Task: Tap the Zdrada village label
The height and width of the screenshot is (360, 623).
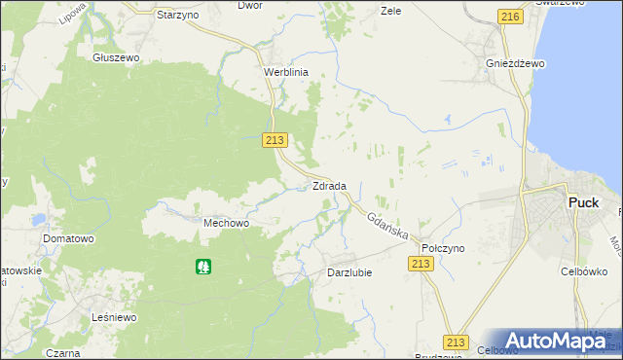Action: [329, 186]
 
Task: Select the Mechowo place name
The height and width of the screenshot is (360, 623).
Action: [226, 223]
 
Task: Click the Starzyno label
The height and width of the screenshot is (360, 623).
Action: [178, 17]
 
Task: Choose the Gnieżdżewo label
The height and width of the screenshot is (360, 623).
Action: [515, 63]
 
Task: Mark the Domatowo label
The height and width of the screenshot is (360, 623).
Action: [67, 238]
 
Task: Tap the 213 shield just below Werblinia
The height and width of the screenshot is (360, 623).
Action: [275, 141]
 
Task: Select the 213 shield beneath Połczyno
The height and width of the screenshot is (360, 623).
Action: [421, 265]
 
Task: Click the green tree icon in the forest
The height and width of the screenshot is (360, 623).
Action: [203, 265]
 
